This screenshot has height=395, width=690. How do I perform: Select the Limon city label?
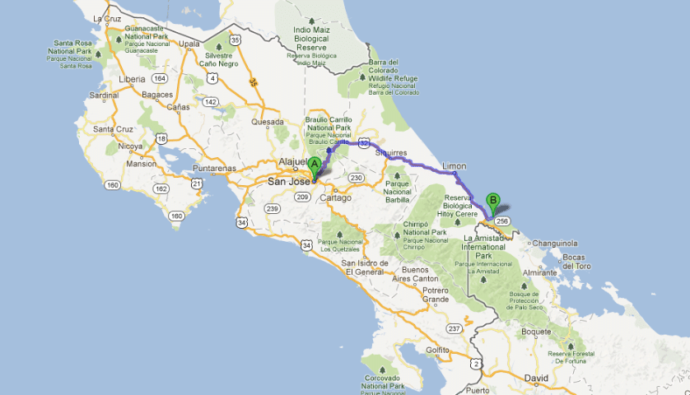click(454, 165)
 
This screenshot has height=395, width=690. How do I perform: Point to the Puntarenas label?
click(213, 169)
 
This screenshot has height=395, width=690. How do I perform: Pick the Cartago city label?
click(335, 197)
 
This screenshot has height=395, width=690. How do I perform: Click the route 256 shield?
click(504, 221)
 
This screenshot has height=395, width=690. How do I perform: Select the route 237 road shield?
click(454, 329)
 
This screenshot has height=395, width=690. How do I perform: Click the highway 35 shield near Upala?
click(236, 39)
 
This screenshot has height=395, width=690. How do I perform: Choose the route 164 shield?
click(159, 79)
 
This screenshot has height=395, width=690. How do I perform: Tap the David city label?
click(536, 378)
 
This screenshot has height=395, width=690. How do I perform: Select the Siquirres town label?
click(391, 152)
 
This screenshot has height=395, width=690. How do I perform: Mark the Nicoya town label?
click(129, 146)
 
